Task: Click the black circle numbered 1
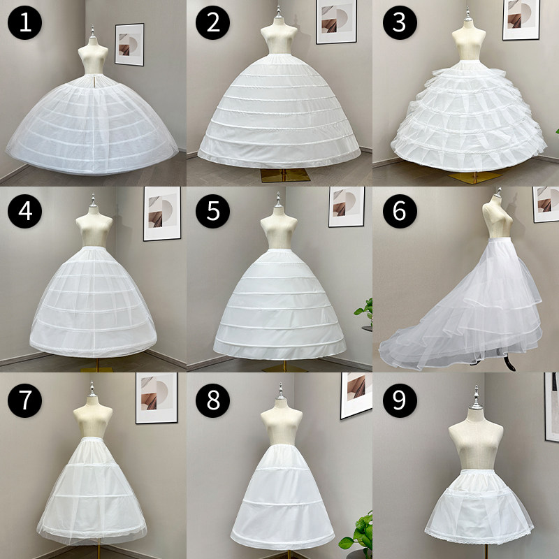click(24, 22)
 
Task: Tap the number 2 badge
click(212, 22)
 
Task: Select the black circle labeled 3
click(400, 22)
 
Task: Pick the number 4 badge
click(24, 211)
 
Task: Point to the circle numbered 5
click(212, 211)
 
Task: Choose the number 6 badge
click(400, 211)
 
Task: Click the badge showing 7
click(24, 400)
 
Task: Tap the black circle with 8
click(212, 400)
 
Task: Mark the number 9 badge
click(400, 400)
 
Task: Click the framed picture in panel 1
click(129, 45)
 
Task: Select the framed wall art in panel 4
click(162, 214)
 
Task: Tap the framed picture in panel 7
click(157, 398)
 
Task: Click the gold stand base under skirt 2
click(284, 175)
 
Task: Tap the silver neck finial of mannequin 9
click(476, 398)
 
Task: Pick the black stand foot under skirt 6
click(509, 363)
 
